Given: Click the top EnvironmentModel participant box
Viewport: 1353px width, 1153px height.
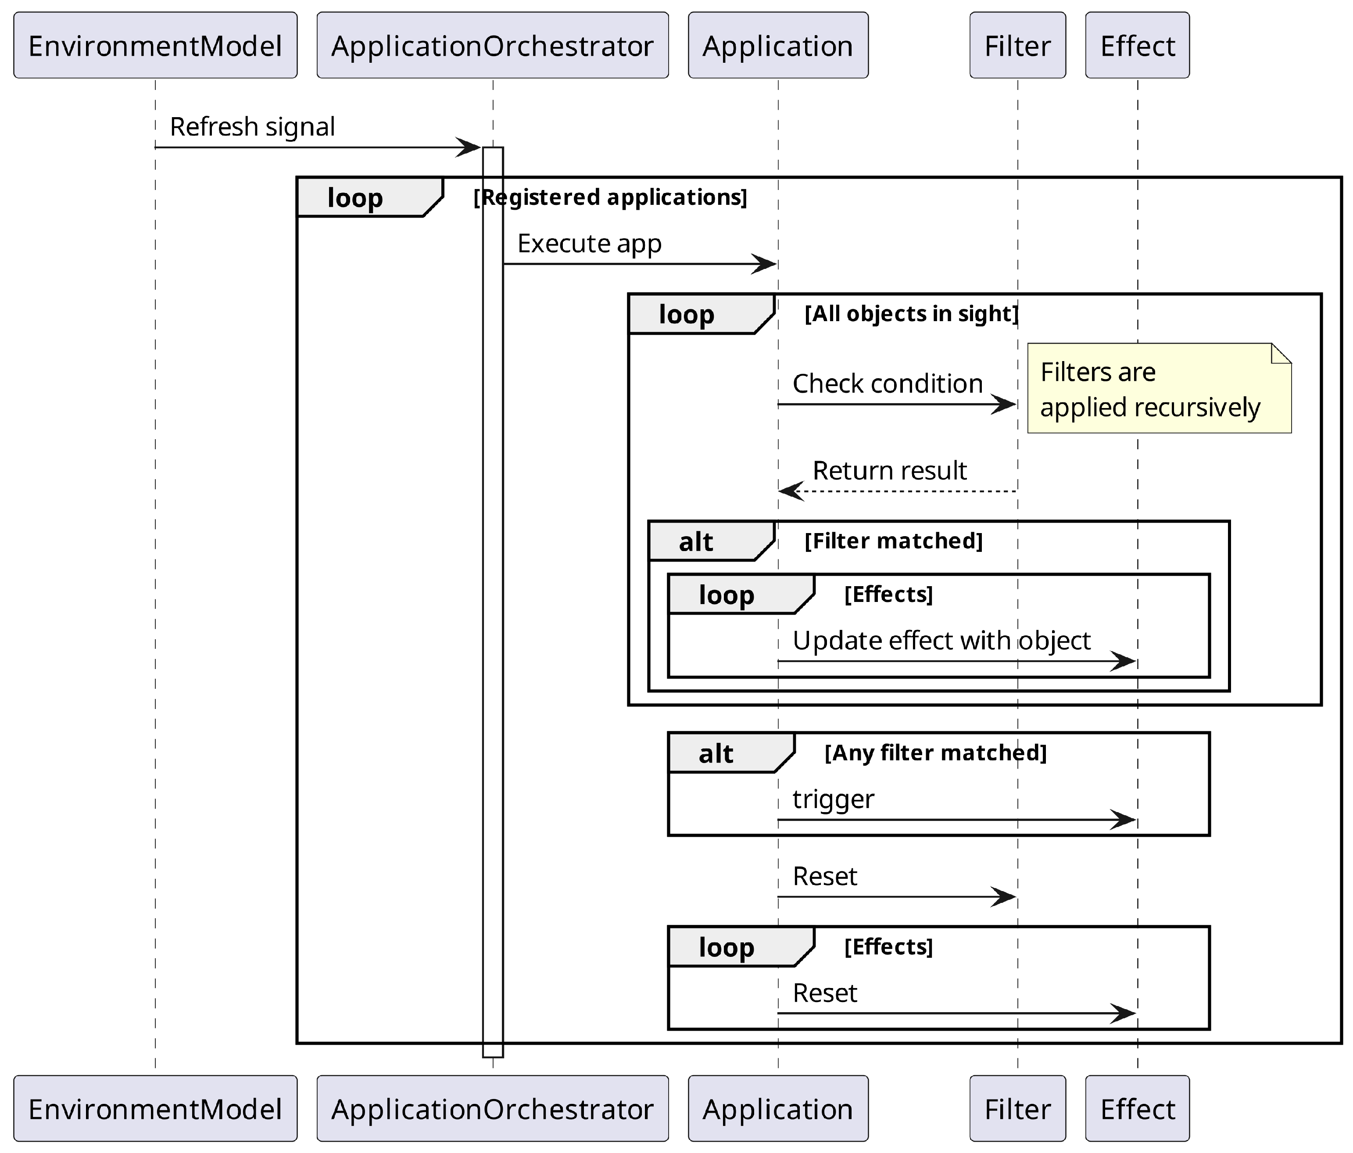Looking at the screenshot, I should click(x=155, y=46).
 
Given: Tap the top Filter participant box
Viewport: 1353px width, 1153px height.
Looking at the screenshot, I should click(x=1017, y=46).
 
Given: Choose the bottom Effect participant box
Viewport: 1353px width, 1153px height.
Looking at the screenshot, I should click(x=1138, y=1109).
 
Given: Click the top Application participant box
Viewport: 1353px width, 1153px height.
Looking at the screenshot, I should click(x=778, y=46).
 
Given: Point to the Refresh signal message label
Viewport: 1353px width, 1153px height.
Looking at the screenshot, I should click(x=252, y=127).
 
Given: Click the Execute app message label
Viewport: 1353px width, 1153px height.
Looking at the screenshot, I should click(x=589, y=243).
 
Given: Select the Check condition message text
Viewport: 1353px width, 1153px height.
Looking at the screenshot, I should click(x=888, y=384).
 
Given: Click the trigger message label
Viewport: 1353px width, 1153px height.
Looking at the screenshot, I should click(x=833, y=799).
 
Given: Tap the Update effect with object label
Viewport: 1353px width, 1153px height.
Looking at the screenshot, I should click(x=941, y=641).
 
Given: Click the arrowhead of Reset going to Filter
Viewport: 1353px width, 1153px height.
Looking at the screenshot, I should click(x=1004, y=897).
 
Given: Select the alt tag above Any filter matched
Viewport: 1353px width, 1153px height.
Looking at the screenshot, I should click(x=717, y=754).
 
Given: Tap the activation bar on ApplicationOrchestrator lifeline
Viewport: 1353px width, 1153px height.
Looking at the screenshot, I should click(x=493, y=587).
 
